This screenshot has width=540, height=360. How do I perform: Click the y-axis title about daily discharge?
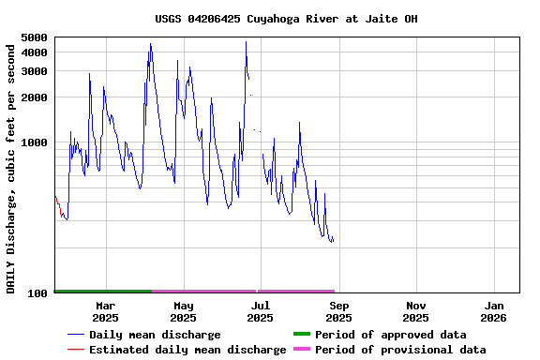(x=11, y=165)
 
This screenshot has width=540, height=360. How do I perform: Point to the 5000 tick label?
(x=34, y=37)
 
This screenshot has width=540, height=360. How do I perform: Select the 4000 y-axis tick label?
(x=34, y=52)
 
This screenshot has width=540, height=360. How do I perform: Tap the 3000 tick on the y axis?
(x=34, y=71)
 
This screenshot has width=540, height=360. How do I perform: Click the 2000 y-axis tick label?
(x=34, y=97)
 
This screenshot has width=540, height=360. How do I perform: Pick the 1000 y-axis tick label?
(x=34, y=142)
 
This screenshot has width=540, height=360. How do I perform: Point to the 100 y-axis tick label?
(x=37, y=293)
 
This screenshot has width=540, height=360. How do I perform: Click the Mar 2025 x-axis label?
(x=105, y=311)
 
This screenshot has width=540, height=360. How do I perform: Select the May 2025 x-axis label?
(x=183, y=311)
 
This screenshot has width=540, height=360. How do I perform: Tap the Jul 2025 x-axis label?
(x=261, y=311)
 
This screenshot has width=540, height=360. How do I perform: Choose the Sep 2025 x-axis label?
(x=338, y=311)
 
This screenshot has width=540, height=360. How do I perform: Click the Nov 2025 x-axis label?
(x=416, y=311)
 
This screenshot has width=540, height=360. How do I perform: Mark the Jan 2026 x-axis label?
(x=494, y=311)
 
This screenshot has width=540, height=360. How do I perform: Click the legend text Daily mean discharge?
(x=155, y=335)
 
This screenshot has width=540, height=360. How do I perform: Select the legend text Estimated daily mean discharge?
(x=187, y=350)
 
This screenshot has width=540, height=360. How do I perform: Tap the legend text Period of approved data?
(x=390, y=335)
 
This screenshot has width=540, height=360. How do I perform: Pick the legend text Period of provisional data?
(x=400, y=350)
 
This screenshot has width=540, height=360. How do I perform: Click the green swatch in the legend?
(x=301, y=335)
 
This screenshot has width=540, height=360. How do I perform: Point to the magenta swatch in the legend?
(x=301, y=350)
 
